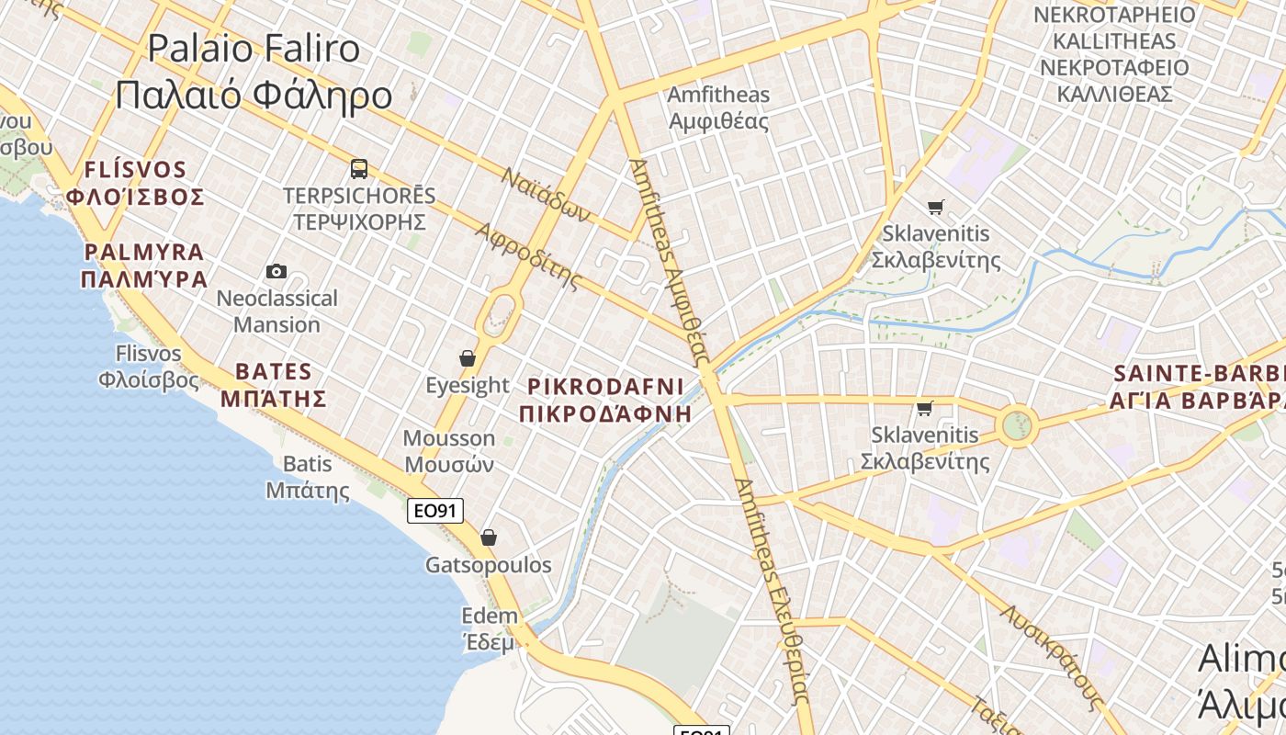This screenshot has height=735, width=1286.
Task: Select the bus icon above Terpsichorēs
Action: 359,169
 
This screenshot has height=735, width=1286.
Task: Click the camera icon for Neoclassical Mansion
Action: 276,271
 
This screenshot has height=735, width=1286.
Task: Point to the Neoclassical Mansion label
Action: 276,311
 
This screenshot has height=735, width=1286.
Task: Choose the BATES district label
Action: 274,385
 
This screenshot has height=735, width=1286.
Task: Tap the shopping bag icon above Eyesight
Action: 468,358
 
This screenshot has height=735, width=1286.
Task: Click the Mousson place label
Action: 448,451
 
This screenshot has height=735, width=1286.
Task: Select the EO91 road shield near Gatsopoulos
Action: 435,511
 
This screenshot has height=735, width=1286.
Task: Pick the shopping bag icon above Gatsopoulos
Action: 489,537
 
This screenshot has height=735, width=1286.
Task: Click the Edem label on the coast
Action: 490,628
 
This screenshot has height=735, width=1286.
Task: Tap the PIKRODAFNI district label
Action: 605,399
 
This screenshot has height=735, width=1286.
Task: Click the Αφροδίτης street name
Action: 529,254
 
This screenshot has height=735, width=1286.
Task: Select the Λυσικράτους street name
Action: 1052,655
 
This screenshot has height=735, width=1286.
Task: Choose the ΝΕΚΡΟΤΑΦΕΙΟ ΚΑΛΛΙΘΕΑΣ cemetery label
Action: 1114,54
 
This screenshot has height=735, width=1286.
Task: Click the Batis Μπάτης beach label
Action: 308,477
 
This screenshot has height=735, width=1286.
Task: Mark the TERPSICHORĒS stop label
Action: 359,209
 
